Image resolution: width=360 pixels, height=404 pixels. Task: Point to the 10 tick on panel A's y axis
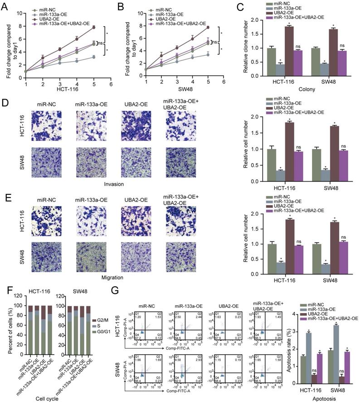coord(19,13)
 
